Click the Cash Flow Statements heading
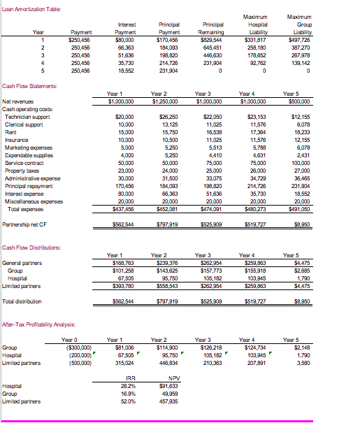pos(29,85)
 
